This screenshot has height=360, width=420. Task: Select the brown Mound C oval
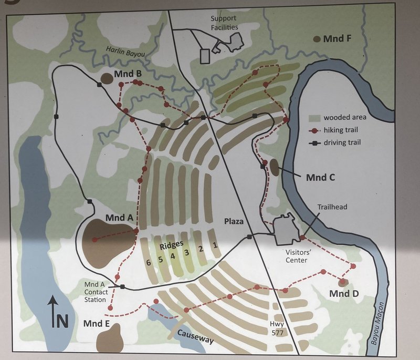point(274,167)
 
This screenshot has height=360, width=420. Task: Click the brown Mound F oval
point(317,39)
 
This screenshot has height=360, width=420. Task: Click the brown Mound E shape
point(109,337)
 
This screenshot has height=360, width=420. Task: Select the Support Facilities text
point(224,23)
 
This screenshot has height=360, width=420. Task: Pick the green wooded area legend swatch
point(315,117)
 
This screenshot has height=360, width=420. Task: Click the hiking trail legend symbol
point(315,129)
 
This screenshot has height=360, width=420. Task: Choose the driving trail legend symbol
point(315,142)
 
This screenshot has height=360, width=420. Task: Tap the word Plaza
point(234,221)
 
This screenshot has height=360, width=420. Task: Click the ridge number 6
point(149,261)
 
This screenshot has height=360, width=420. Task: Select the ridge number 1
point(214,245)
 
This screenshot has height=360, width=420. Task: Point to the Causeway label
point(195,336)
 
